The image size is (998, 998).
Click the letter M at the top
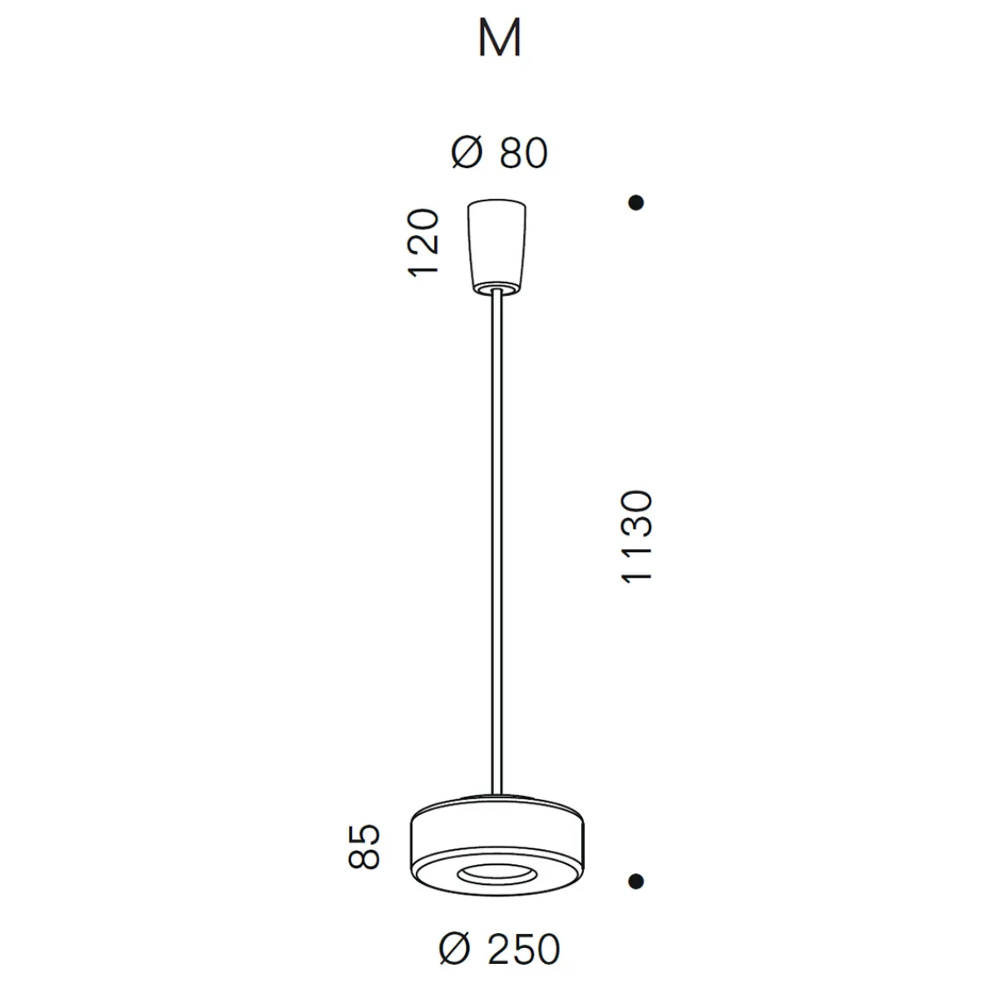[x=500, y=39]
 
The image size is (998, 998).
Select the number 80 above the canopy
[x=524, y=154]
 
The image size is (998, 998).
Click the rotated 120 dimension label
[x=423, y=244]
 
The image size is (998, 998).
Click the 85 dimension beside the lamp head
[x=363, y=847]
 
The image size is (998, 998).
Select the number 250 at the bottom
[x=523, y=950]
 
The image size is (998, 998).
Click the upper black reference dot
[x=636, y=202]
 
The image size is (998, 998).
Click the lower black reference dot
[x=636, y=881]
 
